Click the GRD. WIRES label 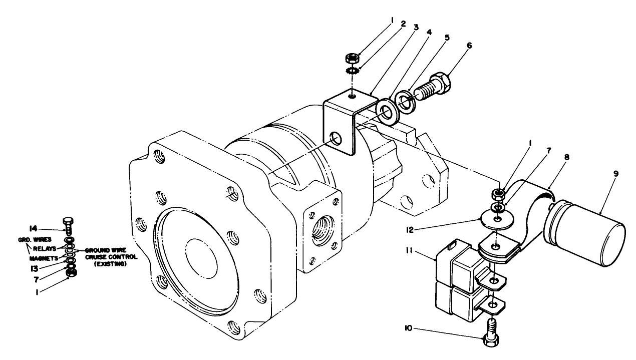click(31, 239)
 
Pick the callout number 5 click(447, 38)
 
